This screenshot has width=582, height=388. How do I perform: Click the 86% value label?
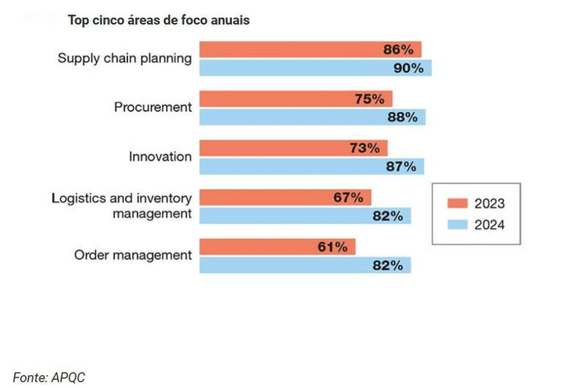point(398,49)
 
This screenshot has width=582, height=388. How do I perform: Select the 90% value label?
point(408,68)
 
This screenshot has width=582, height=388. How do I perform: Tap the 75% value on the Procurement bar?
point(369,99)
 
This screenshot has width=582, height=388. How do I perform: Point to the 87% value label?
point(401,167)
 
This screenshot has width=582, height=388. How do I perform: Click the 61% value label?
point(332,247)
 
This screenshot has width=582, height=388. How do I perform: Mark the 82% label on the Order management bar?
point(388,266)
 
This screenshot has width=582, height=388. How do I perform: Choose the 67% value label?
point(348,198)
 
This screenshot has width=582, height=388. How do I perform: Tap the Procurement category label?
point(153,107)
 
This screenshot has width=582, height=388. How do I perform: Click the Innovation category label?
point(160,157)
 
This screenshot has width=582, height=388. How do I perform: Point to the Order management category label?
point(133,255)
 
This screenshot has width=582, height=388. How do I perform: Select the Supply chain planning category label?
point(124,58)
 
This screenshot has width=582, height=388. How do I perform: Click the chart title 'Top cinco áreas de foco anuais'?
point(159,20)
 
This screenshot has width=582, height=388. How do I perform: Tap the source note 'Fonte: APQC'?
point(49,377)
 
